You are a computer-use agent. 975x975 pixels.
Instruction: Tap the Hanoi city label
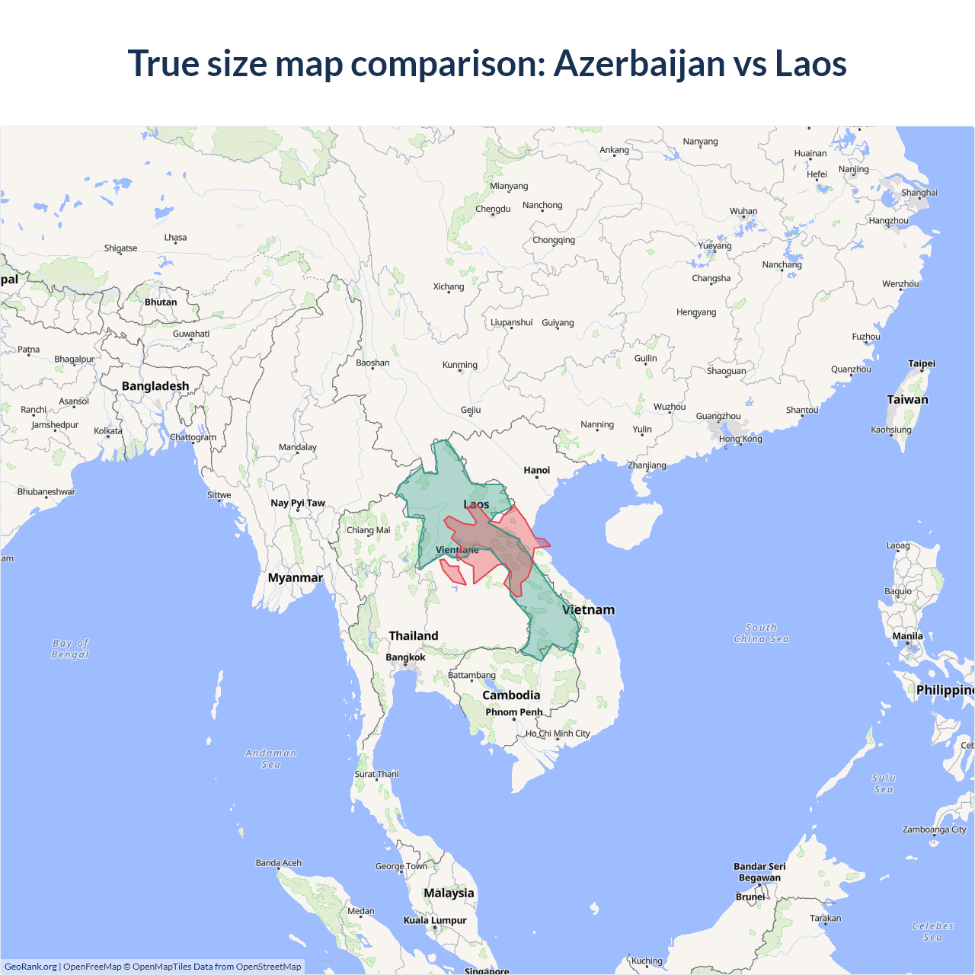[536, 471]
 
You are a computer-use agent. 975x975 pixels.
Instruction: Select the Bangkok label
[405, 657]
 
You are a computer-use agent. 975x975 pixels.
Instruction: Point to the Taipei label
[922, 364]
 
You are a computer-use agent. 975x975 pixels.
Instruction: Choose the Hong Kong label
[740, 439]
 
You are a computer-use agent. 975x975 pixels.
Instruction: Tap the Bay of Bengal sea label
[70, 649]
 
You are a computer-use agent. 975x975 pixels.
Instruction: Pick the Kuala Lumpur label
[435, 920]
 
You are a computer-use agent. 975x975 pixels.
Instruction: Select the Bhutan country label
[161, 302]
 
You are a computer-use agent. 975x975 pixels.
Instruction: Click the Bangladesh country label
[155, 386]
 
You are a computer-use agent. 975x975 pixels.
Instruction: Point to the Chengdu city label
[493, 209]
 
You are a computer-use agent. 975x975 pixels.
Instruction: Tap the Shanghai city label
[919, 193]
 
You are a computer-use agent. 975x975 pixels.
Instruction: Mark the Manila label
[907, 637]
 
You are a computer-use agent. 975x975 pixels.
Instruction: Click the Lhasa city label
[175, 238]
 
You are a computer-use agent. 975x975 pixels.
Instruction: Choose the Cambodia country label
[511, 695]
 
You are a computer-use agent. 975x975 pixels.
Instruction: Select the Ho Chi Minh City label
[558, 734]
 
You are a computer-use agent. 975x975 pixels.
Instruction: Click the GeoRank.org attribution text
[30, 967]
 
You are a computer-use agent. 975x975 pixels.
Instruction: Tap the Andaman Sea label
[270, 759]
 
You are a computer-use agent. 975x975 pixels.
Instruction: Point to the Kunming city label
[460, 365]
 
